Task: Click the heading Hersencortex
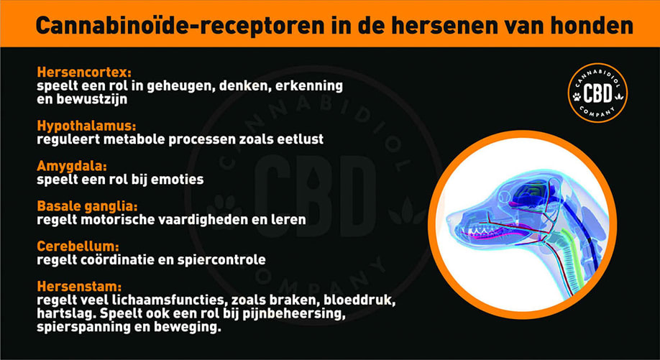84,73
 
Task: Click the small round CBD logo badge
597,93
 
